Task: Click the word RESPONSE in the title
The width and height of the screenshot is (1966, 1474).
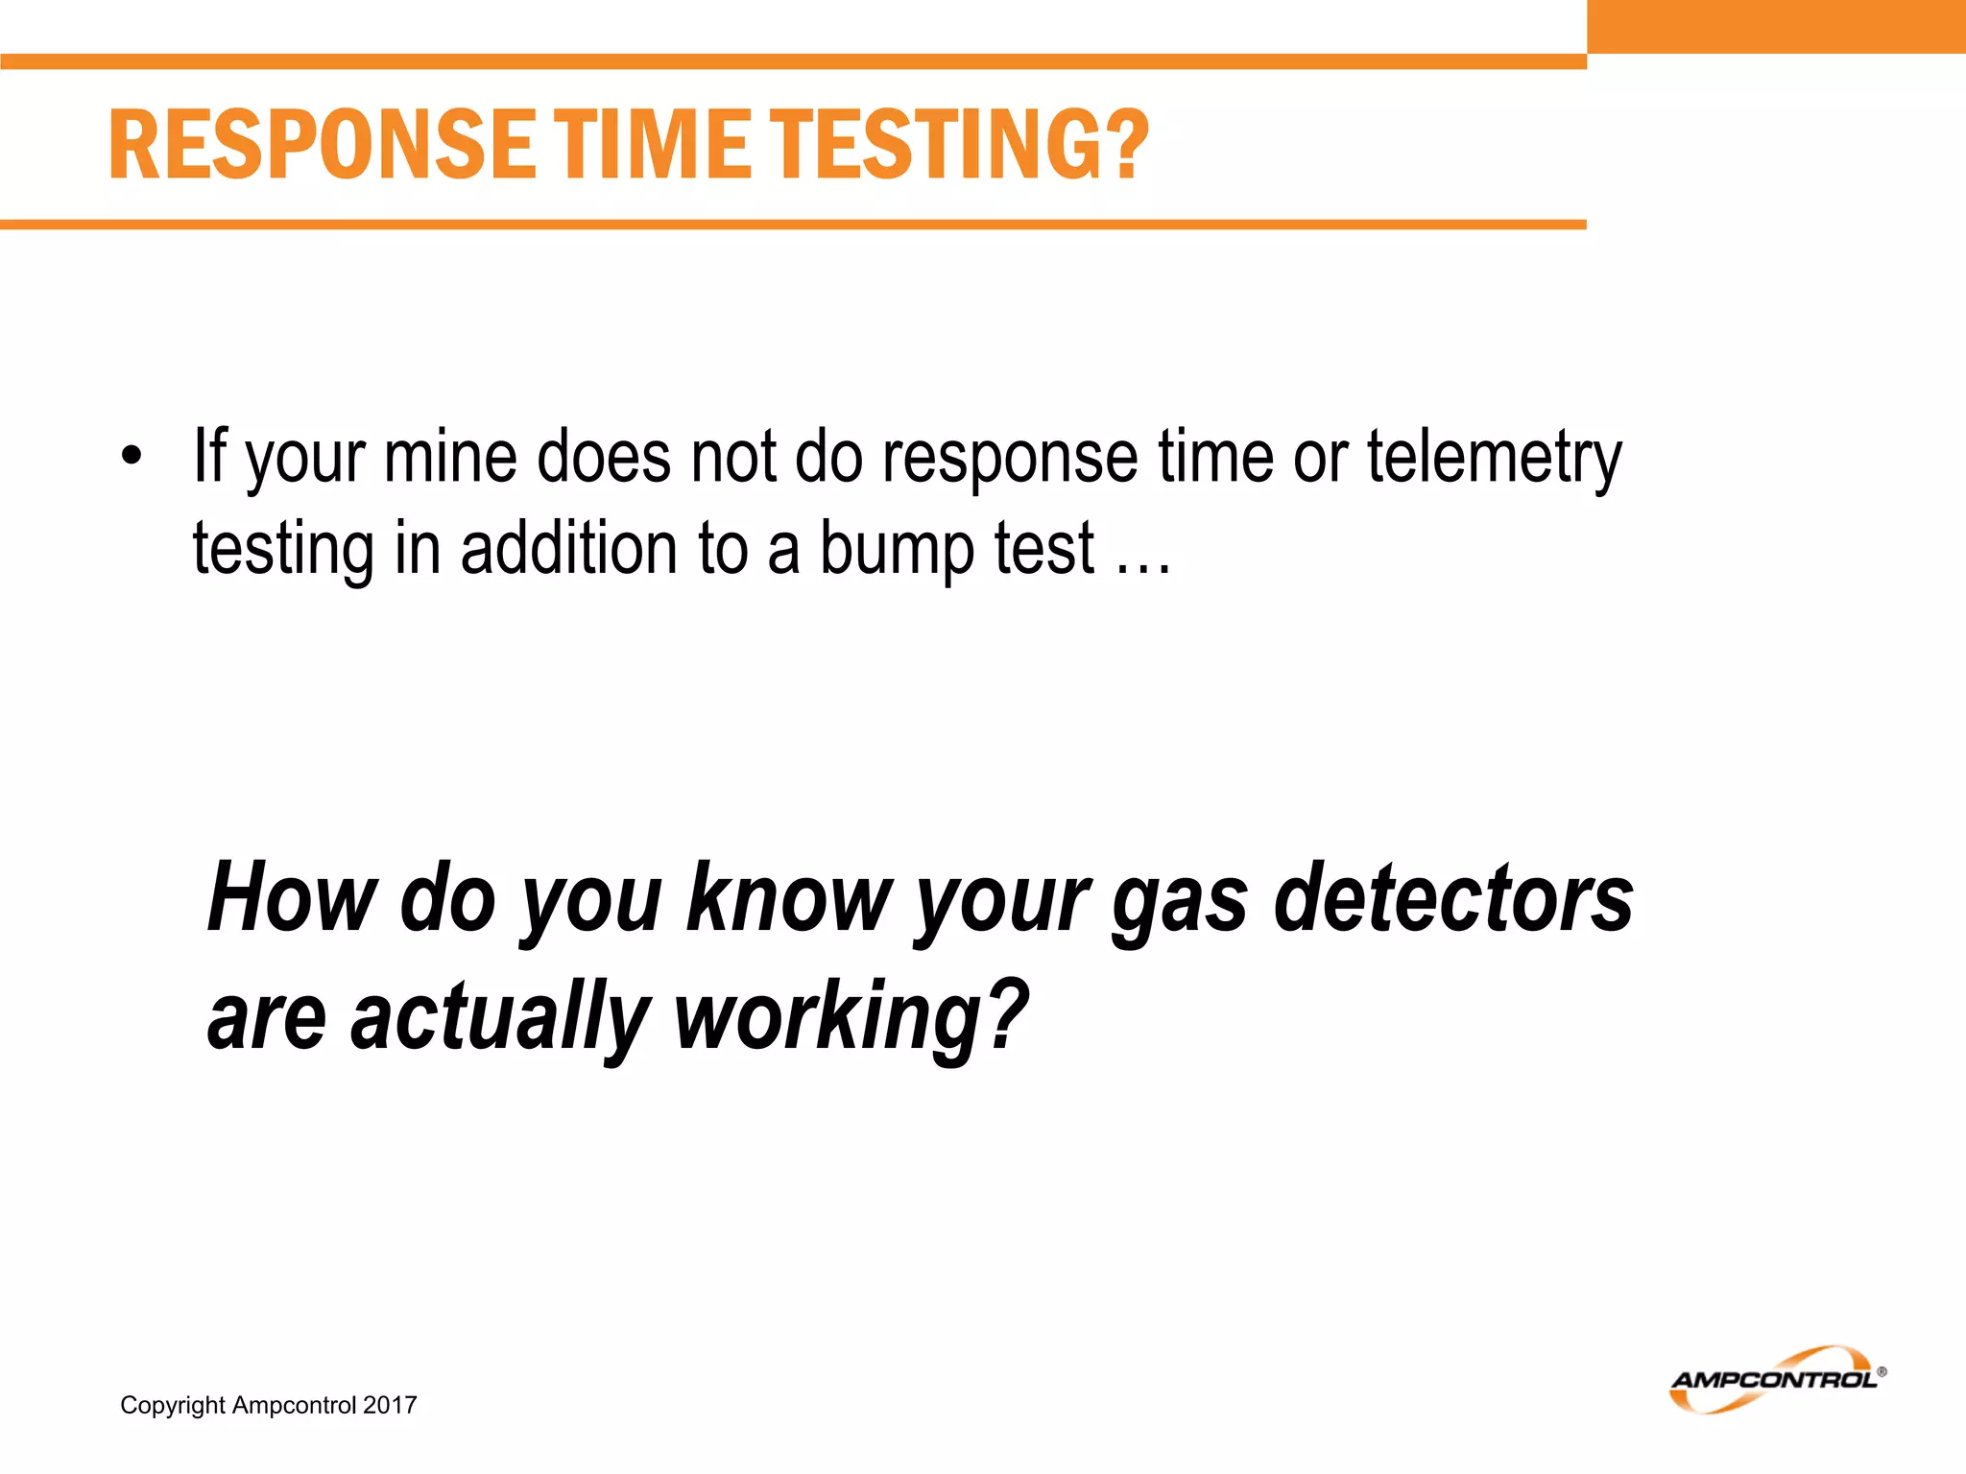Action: coord(322,145)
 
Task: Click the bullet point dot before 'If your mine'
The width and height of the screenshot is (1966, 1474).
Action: coord(132,457)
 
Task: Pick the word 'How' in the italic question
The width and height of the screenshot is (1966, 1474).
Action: coord(292,898)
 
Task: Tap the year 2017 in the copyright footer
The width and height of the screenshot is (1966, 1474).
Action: coord(390,1405)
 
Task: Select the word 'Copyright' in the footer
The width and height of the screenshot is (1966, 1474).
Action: coord(173,1406)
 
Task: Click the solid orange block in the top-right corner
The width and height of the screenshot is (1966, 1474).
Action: coord(1776,26)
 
